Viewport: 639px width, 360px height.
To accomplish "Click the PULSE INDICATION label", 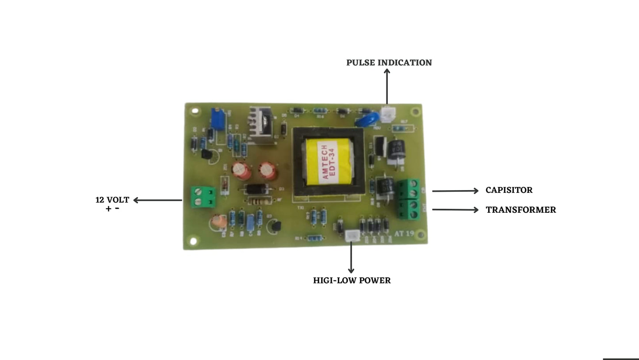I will pyautogui.click(x=389, y=63).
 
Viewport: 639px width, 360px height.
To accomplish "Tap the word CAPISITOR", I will pyautogui.click(x=509, y=190).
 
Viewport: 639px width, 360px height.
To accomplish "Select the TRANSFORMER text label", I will pyautogui.click(x=520, y=210).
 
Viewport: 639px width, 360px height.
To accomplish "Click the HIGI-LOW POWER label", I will pyautogui.click(x=352, y=280).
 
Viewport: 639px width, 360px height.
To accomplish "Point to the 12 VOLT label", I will pyautogui.click(x=112, y=200).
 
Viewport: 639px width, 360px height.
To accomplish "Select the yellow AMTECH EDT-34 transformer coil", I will pyautogui.click(x=329, y=161).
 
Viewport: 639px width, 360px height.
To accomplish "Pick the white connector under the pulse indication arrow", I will pyautogui.click(x=387, y=114).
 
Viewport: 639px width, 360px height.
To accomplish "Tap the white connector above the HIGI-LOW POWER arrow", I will pyautogui.click(x=352, y=236).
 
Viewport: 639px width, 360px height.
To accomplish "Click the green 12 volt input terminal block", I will pyautogui.click(x=203, y=197).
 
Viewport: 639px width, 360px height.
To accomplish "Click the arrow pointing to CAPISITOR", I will pyautogui.click(x=455, y=191).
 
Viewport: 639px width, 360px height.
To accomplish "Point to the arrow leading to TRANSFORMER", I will pyautogui.click(x=455, y=210).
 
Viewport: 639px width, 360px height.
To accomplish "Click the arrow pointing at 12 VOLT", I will pyautogui.click(x=157, y=200).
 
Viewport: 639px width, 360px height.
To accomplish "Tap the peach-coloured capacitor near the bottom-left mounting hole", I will pyautogui.click(x=219, y=222).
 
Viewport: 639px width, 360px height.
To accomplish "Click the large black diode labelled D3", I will pyautogui.click(x=256, y=189).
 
